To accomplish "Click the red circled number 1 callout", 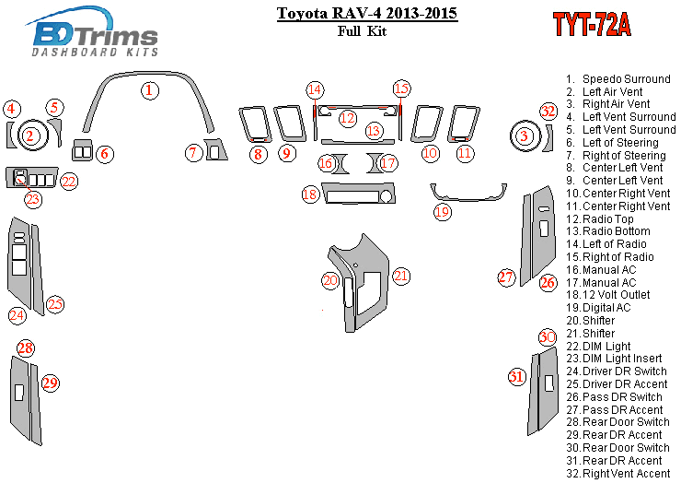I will (149, 90).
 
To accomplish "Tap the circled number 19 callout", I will (443, 212).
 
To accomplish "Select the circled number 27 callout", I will (505, 277).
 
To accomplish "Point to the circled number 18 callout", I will (310, 194).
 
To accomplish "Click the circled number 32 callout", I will (548, 112).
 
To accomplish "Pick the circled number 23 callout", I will (33, 198).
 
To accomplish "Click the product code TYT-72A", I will (592, 25).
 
